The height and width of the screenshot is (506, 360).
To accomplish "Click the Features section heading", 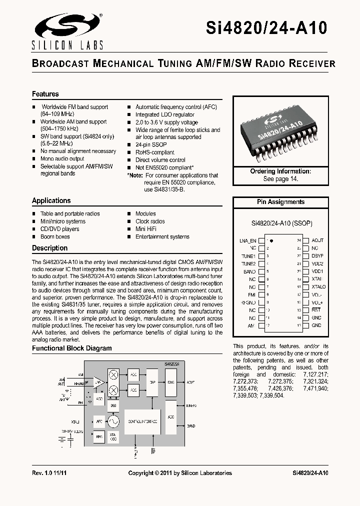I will [45, 94].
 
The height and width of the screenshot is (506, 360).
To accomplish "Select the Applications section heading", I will [51, 200].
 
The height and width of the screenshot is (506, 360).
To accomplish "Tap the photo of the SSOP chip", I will [280, 132].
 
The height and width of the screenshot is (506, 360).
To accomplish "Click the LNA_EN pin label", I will [247, 240].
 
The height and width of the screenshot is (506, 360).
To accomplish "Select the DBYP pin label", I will [317, 256].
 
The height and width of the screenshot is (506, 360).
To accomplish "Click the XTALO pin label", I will [318, 287].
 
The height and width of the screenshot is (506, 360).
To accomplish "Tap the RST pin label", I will [316, 310].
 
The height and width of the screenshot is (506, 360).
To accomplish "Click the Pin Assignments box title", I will [280, 202].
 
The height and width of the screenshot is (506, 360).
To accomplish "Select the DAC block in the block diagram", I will [170, 381].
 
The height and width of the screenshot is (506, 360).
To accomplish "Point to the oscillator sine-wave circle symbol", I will [113, 421].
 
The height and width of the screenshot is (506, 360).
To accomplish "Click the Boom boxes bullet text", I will [55, 236].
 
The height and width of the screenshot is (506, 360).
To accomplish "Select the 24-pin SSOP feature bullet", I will [151, 144].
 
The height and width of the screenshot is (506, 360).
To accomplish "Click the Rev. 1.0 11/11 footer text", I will [51, 473].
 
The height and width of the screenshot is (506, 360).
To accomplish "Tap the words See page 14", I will [280, 179].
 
